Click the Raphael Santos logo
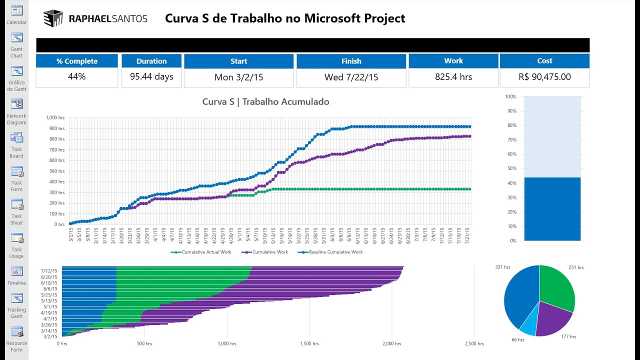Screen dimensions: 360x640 click(95, 19)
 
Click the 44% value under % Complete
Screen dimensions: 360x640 click(77, 77)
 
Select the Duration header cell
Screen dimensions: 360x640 click(151, 61)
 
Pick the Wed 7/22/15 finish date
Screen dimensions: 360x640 click(351, 77)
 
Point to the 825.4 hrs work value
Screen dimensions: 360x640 click(453, 77)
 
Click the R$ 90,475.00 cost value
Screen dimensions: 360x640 click(544, 77)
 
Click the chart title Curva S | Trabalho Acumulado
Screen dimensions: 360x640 click(265, 102)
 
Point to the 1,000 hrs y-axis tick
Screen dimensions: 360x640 click(55, 117)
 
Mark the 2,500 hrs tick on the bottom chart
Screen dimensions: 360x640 click(474, 344)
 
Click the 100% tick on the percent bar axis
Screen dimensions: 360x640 click(510, 96)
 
